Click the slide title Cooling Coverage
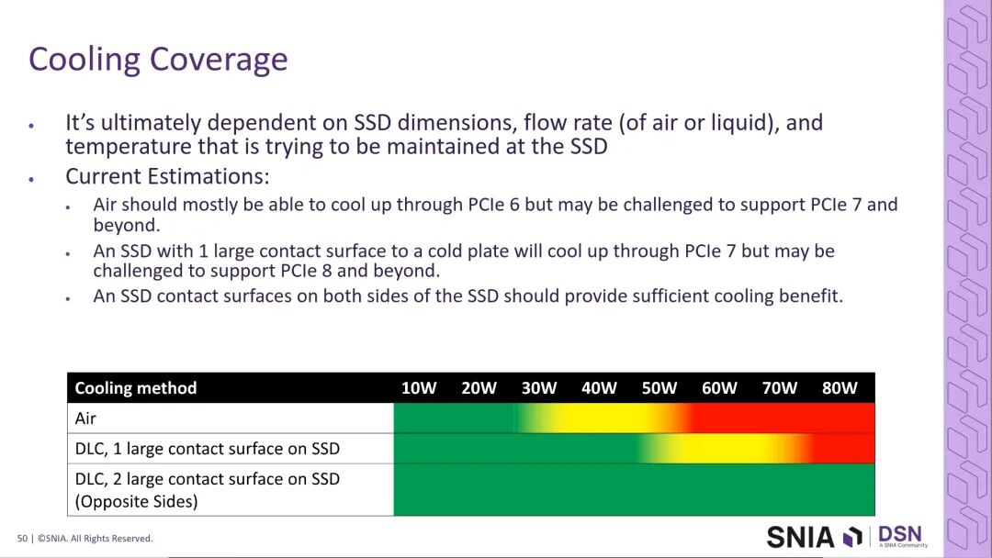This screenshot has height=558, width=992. pyautogui.click(x=158, y=60)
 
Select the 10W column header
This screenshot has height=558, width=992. pyautogui.click(x=419, y=388)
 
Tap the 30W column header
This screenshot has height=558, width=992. pyautogui.click(x=539, y=388)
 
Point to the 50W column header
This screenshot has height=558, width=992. pyautogui.click(x=659, y=388)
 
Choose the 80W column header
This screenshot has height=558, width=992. pyautogui.click(x=840, y=388)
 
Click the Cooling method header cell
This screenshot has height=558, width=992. pyautogui.click(x=135, y=388)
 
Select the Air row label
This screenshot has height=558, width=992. pyautogui.click(x=85, y=418)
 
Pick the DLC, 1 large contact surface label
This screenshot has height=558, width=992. pyautogui.click(x=207, y=449)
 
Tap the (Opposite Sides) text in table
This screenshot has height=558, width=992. pyautogui.click(x=136, y=501)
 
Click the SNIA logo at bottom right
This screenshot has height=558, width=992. pyautogui.click(x=814, y=537)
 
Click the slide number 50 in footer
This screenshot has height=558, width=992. pyautogui.click(x=22, y=539)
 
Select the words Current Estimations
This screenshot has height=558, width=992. pyautogui.click(x=167, y=176)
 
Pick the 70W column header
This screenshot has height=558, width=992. pyautogui.click(x=780, y=388)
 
